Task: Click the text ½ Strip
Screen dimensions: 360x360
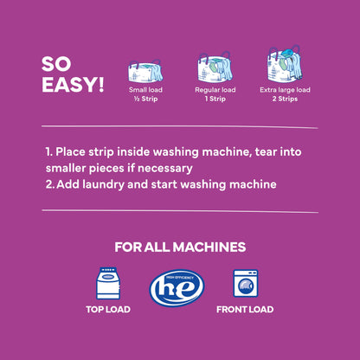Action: (145, 99)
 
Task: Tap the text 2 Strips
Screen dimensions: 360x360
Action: (284, 99)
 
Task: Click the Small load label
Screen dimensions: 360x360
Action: (145, 89)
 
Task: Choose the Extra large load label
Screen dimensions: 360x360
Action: (284, 89)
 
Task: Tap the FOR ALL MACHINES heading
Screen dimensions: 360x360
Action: (179, 247)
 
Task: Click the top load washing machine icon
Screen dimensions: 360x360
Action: (107, 285)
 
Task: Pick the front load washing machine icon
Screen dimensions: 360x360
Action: (245, 285)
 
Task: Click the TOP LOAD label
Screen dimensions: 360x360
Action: (107, 310)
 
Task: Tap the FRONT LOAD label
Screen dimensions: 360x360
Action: (245, 310)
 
